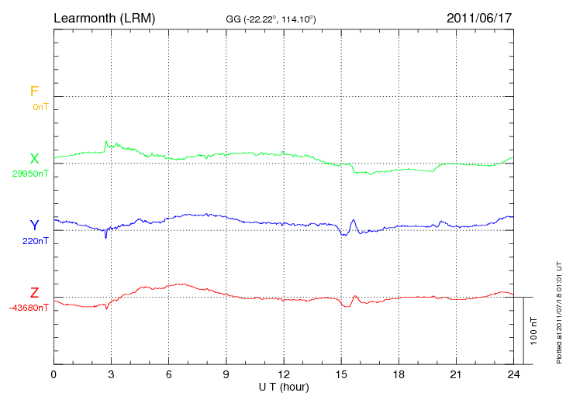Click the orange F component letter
(34, 92)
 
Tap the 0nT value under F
(40, 107)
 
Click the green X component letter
(34, 159)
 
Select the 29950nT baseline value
(29, 174)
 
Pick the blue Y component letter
(34, 226)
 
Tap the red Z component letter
(34, 293)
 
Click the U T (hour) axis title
(283, 386)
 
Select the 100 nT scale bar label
(534, 331)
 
